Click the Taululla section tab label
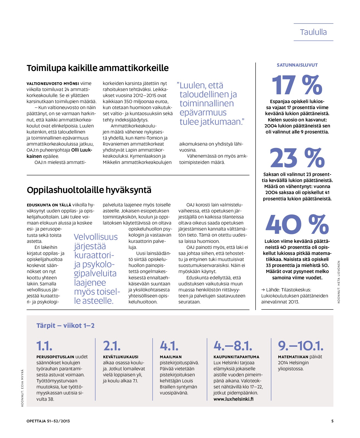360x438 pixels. coord(313,32)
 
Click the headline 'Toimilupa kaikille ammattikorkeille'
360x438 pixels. coord(98,68)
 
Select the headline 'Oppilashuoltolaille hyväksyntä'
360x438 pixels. coord(89,190)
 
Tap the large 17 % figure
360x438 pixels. coord(297,85)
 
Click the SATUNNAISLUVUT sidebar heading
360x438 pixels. coord(297,65)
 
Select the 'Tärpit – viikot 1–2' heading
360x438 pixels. coord(65,326)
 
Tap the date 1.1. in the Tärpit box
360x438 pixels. coord(44,346)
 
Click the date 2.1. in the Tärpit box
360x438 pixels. coord(112,346)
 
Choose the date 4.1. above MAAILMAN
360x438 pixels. coord(169,346)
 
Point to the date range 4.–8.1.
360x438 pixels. coord(233,346)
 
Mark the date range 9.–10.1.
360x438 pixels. coord(301,346)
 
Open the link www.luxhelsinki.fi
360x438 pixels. coord(233,399)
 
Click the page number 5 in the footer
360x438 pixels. coord(332,421)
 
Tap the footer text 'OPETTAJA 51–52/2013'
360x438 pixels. coord(48,421)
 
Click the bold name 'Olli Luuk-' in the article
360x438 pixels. coord(82,150)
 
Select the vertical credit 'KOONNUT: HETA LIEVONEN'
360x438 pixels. coord(339,282)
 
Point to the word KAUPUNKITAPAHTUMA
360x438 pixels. coord(236,357)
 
